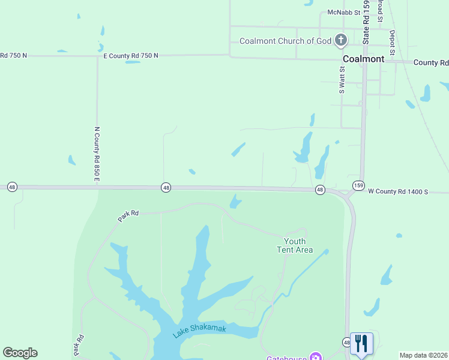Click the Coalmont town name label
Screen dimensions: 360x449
coord(363,59)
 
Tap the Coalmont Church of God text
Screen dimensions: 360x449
coord(285,41)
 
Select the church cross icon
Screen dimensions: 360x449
coord(341,41)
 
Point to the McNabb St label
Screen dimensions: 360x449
coord(343,12)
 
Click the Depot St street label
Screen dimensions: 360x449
coord(392,43)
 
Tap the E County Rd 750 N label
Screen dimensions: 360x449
coord(130,55)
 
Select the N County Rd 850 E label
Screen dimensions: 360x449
coord(96,154)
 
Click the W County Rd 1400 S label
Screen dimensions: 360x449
coord(397,191)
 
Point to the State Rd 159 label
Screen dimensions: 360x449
coord(365,21)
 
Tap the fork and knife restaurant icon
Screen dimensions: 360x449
coord(361,343)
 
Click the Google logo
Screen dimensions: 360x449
coord(20,353)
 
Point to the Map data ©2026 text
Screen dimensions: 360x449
coord(423,355)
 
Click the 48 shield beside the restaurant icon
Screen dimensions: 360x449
coord(346,342)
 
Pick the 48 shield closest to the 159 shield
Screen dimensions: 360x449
coord(320,190)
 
